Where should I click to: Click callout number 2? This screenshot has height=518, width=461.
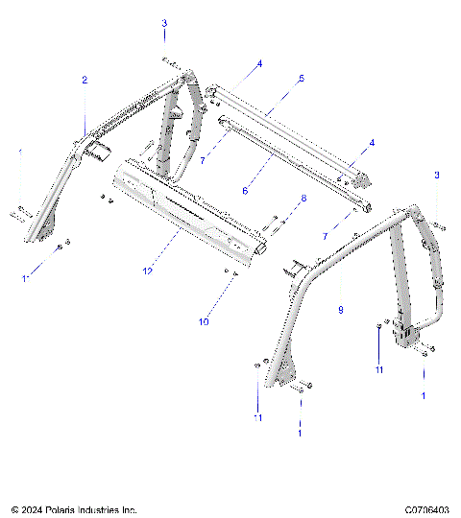pyautogui.click(x=85, y=81)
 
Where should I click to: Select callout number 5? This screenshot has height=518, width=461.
pyautogui.click(x=301, y=78)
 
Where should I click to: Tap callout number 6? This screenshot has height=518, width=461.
pyautogui.click(x=245, y=191)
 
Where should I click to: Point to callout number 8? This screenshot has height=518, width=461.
pyautogui.click(x=304, y=199)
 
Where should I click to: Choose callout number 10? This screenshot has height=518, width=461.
pyautogui.click(x=204, y=322)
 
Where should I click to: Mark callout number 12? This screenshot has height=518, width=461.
pyautogui.click(x=147, y=271)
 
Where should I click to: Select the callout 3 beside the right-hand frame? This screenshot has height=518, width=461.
pyautogui.click(x=436, y=175)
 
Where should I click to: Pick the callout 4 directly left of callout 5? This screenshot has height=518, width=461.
pyautogui.click(x=258, y=64)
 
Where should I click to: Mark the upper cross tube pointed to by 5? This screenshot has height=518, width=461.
pyautogui.click(x=288, y=125)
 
